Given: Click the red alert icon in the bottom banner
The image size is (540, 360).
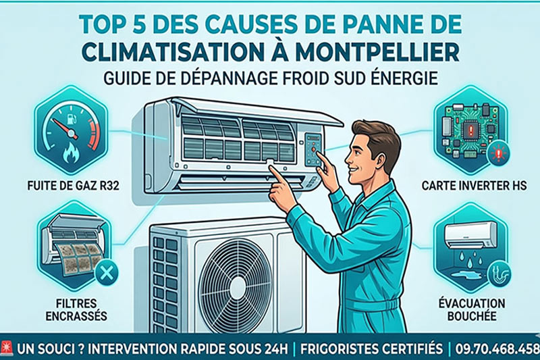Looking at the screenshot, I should coord(6,347).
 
